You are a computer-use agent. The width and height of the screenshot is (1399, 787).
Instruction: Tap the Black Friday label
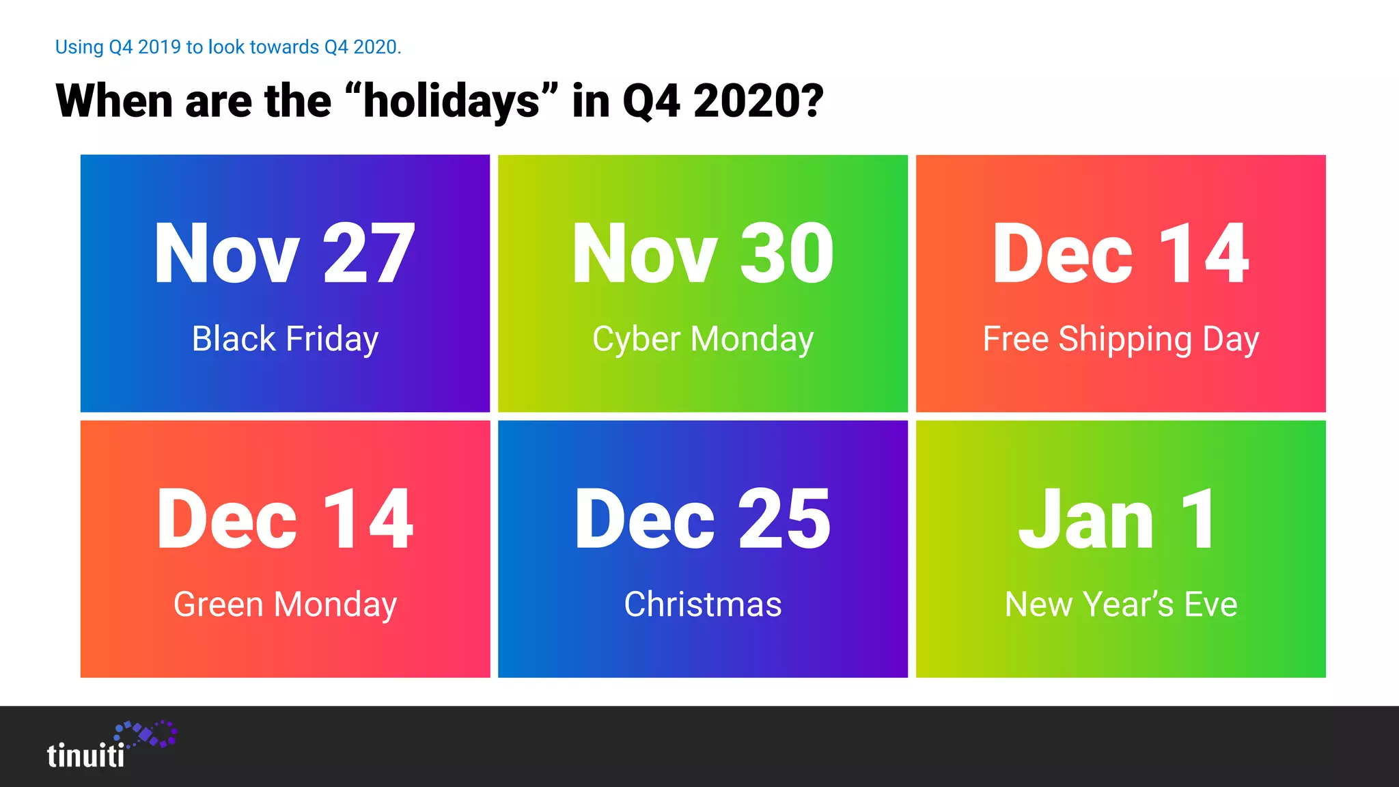pos(285,340)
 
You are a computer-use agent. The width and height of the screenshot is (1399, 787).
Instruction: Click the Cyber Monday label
pos(703,340)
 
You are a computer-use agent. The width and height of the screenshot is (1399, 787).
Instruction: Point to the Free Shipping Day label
pos(1120,340)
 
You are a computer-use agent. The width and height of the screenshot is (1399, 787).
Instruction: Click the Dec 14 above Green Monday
pos(285,519)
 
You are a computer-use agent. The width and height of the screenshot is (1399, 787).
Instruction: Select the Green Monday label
pos(285,605)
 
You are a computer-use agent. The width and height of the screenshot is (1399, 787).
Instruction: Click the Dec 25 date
pos(703,519)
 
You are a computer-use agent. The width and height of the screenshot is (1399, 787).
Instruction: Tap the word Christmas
pos(703,605)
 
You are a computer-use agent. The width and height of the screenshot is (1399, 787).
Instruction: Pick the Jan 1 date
pos(1118,519)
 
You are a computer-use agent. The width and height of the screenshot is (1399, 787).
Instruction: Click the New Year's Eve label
pos(1120,605)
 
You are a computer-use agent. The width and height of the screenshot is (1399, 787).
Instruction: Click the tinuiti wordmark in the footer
pos(86,756)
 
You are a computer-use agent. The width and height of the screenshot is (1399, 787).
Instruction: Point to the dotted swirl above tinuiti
pos(147,734)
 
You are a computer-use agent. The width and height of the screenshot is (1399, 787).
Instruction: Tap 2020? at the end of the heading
pos(758,101)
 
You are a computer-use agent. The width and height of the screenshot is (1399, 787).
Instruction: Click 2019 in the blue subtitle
pos(159,47)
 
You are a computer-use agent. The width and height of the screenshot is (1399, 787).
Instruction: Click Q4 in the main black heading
pos(652,101)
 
